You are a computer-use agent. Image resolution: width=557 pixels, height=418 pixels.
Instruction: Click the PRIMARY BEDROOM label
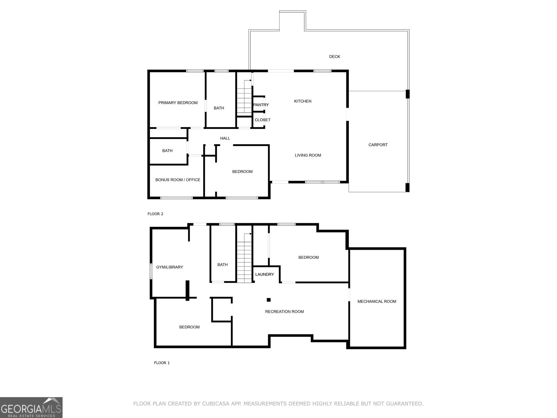(178, 103)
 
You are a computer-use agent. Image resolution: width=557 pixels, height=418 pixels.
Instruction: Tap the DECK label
(335, 56)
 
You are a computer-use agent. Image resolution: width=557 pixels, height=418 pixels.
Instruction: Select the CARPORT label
(378, 145)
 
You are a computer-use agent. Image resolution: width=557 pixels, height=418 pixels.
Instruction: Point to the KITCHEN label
(303, 101)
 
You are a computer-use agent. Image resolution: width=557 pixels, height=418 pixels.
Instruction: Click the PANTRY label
(261, 105)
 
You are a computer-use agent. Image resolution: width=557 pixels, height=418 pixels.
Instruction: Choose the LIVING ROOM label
(308, 155)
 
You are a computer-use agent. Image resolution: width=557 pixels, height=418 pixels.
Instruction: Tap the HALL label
(225, 138)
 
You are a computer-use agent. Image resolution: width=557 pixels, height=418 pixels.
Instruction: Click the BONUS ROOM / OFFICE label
(178, 180)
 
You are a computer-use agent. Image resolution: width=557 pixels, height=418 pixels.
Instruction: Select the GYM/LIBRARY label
(170, 267)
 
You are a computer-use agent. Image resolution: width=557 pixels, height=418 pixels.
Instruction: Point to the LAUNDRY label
(265, 274)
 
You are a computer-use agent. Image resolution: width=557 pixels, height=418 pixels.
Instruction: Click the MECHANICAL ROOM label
(377, 302)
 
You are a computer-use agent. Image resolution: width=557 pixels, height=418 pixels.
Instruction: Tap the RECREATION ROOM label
(284, 312)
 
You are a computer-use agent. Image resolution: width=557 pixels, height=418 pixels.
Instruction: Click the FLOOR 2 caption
(155, 214)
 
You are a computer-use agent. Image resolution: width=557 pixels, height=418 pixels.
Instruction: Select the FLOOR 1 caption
(162, 363)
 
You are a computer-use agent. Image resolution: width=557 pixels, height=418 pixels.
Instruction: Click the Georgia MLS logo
(31, 408)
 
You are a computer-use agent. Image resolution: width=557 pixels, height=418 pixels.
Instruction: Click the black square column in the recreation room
(268, 300)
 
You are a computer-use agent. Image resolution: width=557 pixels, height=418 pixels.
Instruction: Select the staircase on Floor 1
(244, 258)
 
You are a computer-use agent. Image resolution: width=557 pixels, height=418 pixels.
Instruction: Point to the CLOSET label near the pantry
(262, 120)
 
